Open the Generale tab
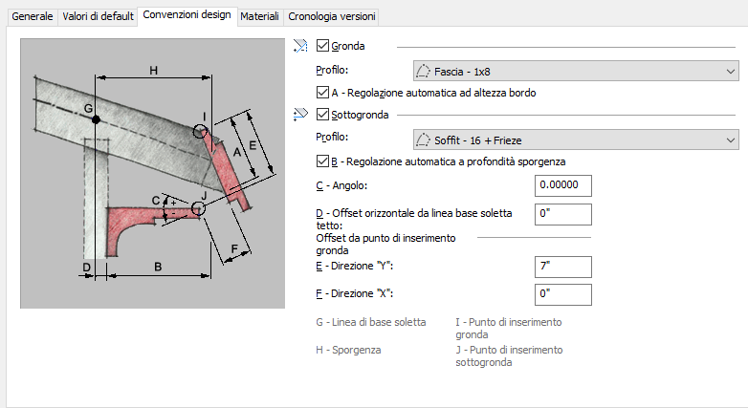coord(32,16)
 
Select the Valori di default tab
coord(98,16)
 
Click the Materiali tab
coord(259,16)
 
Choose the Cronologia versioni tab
coord(332,16)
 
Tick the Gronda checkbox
coord(322,45)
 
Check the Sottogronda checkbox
coord(322,114)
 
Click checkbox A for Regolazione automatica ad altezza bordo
coord(322,92)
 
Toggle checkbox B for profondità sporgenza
coord(322,161)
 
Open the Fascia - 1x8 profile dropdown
coord(576,72)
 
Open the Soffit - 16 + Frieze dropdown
coord(576,140)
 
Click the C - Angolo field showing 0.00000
coord(562,185)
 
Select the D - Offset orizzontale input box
coord(562,214)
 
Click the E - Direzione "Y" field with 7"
coord(562,267)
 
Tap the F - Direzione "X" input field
coord(562,294)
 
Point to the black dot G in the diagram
coord(96,119)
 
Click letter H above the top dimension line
coord(154,71)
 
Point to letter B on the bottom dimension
coord(158,267)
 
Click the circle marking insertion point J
coord(198,208)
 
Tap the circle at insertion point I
coord(200,131)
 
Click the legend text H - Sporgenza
coord(348,350)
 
